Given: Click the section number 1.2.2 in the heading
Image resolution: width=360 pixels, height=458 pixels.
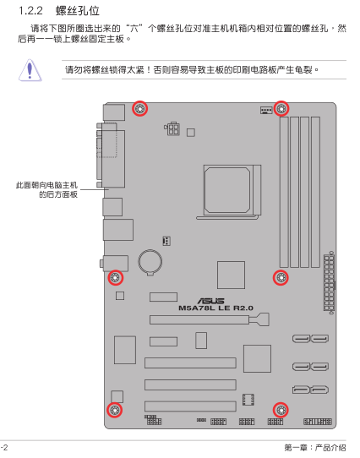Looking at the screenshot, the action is pos(30,11).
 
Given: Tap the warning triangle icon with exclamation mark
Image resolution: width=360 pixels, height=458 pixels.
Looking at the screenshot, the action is pos(30,70).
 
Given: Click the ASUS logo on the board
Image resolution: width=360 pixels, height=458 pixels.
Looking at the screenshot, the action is pos(210,301).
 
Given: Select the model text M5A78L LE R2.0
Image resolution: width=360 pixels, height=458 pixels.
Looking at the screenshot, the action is pos(215,308).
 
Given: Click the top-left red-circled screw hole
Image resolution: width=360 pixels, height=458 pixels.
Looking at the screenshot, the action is pos(139,109).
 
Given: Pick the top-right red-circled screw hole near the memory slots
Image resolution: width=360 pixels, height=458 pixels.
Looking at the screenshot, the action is pos(281,109).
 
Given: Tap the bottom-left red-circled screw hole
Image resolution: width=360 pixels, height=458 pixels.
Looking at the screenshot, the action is pos(115,410).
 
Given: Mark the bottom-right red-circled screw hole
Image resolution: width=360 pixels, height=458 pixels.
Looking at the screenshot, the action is pos(281,410).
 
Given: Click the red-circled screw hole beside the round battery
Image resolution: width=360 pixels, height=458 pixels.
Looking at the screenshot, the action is pos(116,277).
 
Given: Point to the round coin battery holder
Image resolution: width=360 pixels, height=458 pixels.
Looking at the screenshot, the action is pos(150,262).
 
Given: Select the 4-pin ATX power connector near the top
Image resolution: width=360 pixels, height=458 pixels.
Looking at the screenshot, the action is pos(172,128).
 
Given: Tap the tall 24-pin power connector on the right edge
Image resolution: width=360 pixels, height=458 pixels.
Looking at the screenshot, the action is pos(329,283).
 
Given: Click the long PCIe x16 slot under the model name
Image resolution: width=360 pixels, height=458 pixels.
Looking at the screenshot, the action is pos(210,319).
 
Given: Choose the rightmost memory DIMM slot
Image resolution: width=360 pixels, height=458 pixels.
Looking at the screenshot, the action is pos(315,192).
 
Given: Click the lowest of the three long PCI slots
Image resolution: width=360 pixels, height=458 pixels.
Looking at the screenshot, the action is pos(190,406).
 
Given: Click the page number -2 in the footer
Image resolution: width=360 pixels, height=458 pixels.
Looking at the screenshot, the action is pos(4,448).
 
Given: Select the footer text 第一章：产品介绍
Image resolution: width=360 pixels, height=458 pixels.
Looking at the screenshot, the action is pos(314,448).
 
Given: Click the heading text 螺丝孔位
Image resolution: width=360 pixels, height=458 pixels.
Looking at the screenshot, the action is pos(78,11).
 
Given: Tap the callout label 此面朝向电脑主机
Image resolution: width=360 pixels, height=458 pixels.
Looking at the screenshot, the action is pos(46,185).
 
